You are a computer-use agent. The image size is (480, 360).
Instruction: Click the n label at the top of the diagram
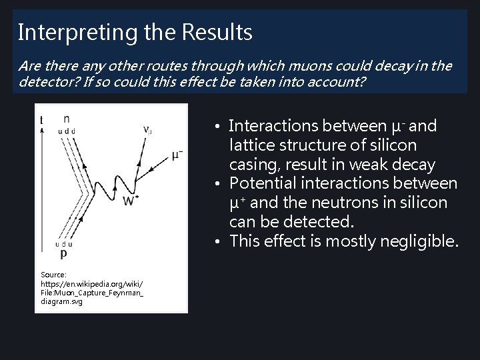point(66,119)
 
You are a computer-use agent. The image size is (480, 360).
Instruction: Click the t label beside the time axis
point(42,120)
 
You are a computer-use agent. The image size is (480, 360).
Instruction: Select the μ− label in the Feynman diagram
point(177,155)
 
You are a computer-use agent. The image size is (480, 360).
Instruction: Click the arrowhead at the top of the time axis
point(43,130)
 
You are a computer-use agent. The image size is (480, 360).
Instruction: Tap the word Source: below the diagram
point(53,274)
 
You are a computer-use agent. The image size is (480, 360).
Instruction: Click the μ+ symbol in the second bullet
point(237,202)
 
